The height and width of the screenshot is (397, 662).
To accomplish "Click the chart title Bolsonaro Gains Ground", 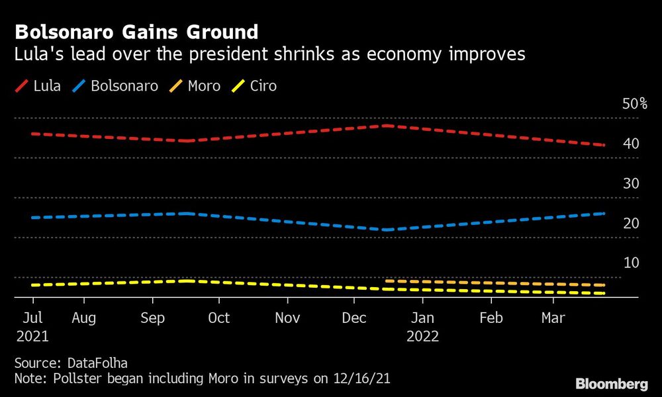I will point(136,32).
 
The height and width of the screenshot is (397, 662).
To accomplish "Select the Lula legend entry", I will point(39,86).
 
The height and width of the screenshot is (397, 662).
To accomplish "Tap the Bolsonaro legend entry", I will point(117,86).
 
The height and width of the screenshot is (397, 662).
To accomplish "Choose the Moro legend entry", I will point(196,86).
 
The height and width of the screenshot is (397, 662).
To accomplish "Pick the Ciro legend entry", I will point(255,86).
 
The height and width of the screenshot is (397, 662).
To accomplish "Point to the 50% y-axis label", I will point(634,104).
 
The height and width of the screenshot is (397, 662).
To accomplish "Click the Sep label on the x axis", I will point(152,318).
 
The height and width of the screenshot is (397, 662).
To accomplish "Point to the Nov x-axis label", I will point(287,318).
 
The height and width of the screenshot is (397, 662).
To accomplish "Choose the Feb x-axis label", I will point(491,318).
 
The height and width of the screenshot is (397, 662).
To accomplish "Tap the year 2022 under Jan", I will point(422,336).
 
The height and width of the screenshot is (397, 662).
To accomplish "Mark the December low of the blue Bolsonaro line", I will point(385,230).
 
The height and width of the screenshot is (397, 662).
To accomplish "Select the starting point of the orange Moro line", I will point(386,281).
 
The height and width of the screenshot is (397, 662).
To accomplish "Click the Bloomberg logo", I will point(612,384).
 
